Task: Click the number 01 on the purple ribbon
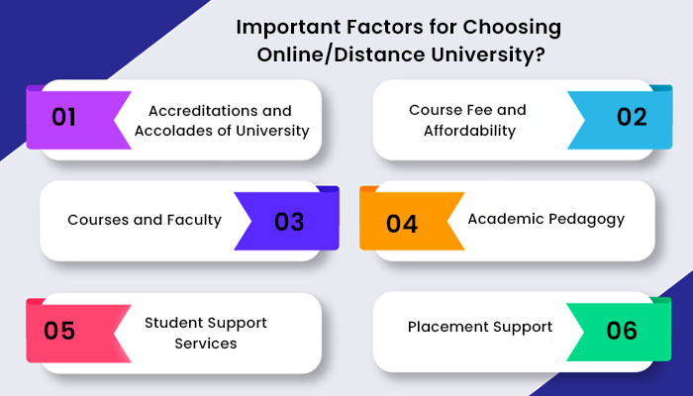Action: pos(63,117)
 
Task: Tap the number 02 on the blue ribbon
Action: pos(632,117)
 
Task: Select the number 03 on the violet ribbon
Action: pos(289,222)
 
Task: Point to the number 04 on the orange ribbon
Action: pos(402,224)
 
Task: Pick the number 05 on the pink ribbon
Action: pos(59,331)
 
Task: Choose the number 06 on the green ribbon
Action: pos(622,331)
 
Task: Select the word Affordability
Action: pos(470,132)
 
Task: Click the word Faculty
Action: pos(194,220)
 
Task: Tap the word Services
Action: pos(206,344)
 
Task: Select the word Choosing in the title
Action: pos(512,29)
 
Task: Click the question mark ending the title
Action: pos(541,55)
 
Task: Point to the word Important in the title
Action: pos(289,29)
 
